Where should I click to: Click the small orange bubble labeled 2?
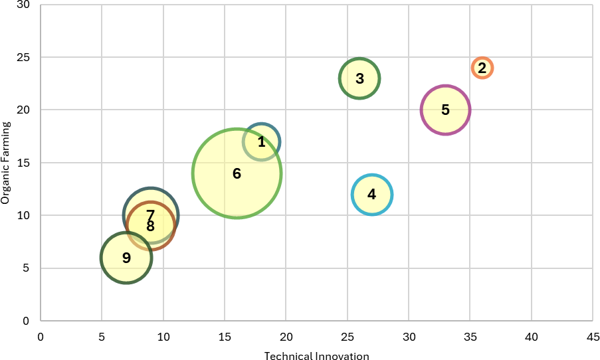pos(482,68)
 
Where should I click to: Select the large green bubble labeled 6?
pos(237,173)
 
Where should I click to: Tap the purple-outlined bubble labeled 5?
pos(445,110)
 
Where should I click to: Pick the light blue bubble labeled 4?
pos(372,195)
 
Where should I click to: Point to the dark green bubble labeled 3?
pos(359,78)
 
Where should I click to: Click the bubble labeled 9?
pos(126,258)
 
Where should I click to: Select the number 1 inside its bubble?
pos(262,141)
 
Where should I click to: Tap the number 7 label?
pos(151,215)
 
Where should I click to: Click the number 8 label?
pos(151,226)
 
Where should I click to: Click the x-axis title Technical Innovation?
pos(316,356)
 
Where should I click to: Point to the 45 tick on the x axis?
pos(593,337)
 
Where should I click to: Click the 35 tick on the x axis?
pos(470,337)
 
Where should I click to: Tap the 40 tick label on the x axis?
pos(532,337)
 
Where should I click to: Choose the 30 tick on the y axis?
pos(24,5)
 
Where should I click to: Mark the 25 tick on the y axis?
pos(24,57)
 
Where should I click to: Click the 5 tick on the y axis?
pos(27,268)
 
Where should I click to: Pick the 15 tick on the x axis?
pos(225,337)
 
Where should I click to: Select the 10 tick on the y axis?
pos(24,215)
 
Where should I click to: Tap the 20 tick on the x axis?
pos(286,337)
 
